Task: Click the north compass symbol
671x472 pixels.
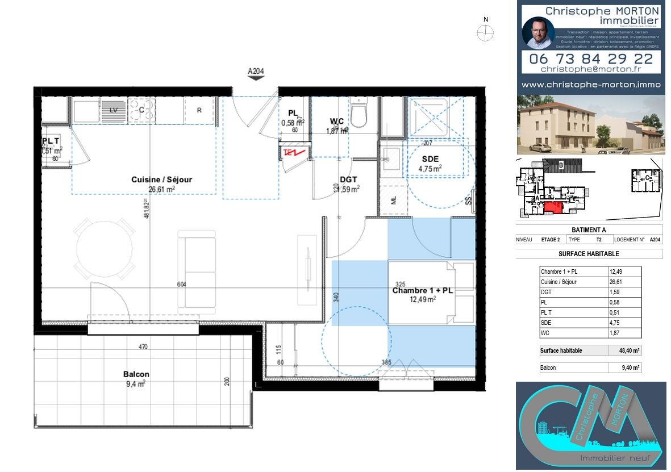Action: click(485, 34)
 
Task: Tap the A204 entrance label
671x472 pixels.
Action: click(256, 72)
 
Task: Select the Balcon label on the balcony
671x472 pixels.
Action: click(136, 374)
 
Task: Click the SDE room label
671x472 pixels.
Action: click(430, 160)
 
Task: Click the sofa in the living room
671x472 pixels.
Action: click(197, 271)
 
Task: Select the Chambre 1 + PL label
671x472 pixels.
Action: click(422, 291)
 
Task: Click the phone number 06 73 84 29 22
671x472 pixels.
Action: click(591, 59)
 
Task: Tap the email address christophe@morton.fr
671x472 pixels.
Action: click(591, 69)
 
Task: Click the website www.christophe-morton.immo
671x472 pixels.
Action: click(591, 85)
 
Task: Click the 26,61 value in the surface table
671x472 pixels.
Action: click(615, 282)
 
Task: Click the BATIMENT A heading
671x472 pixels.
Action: click(589, 230)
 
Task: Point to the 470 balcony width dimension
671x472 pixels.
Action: click(144, 346)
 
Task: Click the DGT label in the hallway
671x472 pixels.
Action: click(348, 179)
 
